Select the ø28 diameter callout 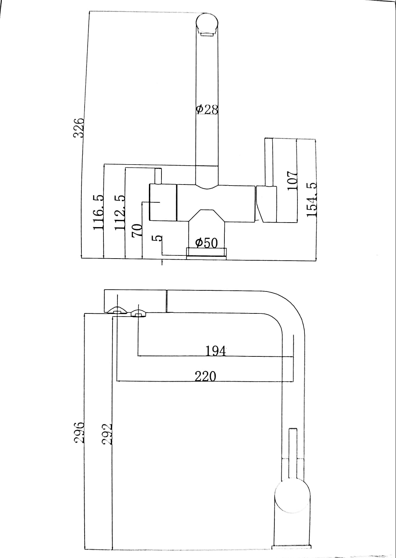(207, 110)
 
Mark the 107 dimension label (292, 180)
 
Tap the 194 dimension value (216, 350)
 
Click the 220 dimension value (206, 376)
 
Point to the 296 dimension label (80, 432)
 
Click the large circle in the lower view (293, 496)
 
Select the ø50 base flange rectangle (207, 253)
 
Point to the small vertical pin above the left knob (158, 176)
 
